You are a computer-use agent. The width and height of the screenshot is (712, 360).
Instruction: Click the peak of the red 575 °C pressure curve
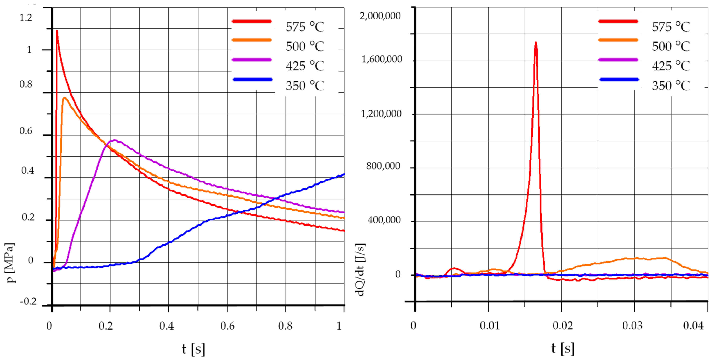click(x=57, y=31)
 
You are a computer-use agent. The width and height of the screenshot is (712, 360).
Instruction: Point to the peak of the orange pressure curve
click(x=64, y=98)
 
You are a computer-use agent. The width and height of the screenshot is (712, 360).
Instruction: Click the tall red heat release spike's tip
click(x=536, y=42)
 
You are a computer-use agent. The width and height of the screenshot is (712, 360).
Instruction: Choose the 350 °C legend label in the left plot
click(x=305, y=86)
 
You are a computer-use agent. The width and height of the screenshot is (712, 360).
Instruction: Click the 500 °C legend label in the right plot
click(x=671, y=46)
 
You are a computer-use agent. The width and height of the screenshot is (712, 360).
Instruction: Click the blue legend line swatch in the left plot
click(x=252, y=80)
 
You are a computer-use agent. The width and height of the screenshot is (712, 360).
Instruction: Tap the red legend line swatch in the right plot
click(x=618, y=21)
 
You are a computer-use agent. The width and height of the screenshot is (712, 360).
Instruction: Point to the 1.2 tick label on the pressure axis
click(x=26, y=18)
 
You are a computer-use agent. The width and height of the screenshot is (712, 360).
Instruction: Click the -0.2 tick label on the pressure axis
click(x=28, y=301)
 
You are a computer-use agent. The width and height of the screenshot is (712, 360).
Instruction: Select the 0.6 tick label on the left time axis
click(x=227, y=326)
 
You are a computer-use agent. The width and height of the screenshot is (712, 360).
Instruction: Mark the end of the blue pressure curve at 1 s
click(x=344, y=174)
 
